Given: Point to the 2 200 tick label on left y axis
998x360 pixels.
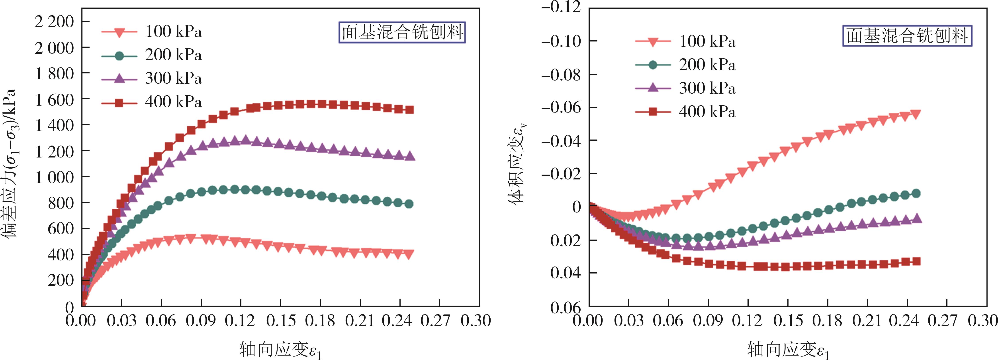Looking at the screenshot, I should [54, 22].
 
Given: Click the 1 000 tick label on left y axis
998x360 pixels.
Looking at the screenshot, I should [54, 177].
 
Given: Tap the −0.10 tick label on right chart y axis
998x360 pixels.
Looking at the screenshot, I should [561, 41].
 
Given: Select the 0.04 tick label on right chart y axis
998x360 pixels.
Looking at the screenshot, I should [566, 273].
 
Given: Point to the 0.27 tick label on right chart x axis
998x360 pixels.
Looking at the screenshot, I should [947, 321].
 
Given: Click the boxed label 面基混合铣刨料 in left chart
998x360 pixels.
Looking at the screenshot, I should [402, 32].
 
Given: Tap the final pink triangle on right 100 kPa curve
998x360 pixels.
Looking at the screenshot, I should [916, 114].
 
